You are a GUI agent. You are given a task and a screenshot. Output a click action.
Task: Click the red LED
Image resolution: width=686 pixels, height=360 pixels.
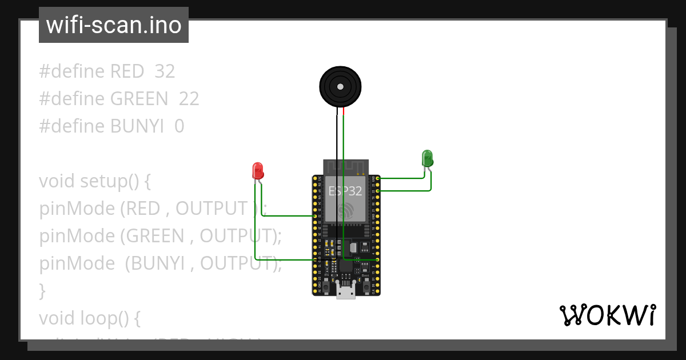[258, 171]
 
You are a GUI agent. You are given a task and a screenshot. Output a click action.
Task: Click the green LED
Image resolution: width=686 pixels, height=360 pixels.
[427, 158]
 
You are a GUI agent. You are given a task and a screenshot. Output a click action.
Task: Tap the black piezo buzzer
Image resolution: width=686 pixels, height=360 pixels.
[341, 87]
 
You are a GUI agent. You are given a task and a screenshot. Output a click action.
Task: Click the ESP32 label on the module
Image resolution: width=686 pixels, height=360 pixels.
[345, 191]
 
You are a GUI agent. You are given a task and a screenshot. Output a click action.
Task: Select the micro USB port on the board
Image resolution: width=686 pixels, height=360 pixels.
[345, 292]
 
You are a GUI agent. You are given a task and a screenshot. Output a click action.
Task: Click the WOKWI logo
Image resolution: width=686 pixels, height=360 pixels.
[607, 315]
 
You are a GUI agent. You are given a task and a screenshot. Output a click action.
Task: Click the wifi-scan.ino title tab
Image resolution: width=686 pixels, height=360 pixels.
[114, 25]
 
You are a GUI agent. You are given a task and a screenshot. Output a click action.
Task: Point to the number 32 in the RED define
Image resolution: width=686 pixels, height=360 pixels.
[165, 71]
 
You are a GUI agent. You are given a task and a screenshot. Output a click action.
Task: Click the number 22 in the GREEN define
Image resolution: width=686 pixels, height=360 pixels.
[189, 99]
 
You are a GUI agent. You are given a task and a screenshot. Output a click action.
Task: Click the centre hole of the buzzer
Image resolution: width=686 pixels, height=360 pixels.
[341, 87]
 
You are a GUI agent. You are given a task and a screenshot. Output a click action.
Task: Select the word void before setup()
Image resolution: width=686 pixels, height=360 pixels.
[57, 181]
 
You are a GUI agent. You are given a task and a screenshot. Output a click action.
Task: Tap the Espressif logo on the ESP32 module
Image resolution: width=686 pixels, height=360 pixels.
[345, 210]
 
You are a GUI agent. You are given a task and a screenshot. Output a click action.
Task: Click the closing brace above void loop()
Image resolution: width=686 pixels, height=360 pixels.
[42, 291]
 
